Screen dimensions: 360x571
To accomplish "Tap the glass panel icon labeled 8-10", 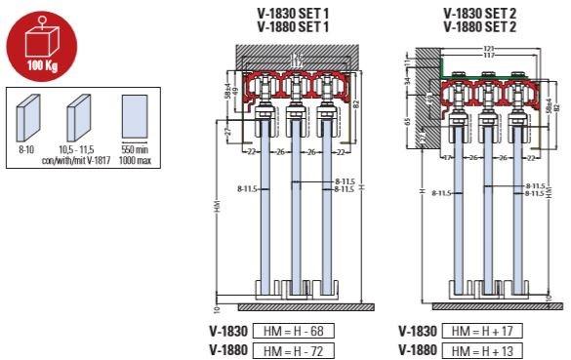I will [x=29, y=121].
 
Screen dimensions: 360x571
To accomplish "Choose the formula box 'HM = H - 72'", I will [x=293, y=348].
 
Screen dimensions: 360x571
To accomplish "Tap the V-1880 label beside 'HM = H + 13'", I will [x=417, y=348].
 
